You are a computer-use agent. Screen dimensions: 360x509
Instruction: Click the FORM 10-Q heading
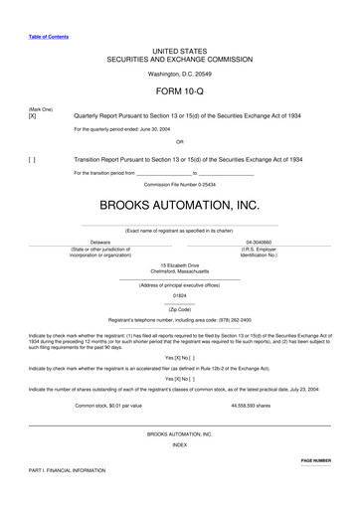pyautogui.click(x=179, y=91)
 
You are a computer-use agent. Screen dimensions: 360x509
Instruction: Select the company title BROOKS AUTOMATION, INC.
pyautogui.click(x=179, y=207)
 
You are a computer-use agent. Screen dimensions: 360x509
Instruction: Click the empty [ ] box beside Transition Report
pyautogui.click(x=33, y=159)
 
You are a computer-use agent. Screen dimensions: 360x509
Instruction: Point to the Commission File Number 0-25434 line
pyautogui.click(x=179, y=184)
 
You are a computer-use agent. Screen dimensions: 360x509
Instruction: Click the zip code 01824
pyautogui.click(x=179, y=295)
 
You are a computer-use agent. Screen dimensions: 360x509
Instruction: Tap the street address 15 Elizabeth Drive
pyautogui.click(x=179, y=265)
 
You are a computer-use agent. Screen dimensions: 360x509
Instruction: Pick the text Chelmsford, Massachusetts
pyautogui.click(x=179, y=271)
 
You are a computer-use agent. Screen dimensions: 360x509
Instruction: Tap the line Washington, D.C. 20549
pyautogui.click(x=179, y=73)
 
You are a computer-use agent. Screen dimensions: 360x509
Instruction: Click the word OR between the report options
pyautogui.click(x=179, y=141)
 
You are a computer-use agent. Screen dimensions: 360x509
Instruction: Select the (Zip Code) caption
pyautogui.click(x=179, y=309)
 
